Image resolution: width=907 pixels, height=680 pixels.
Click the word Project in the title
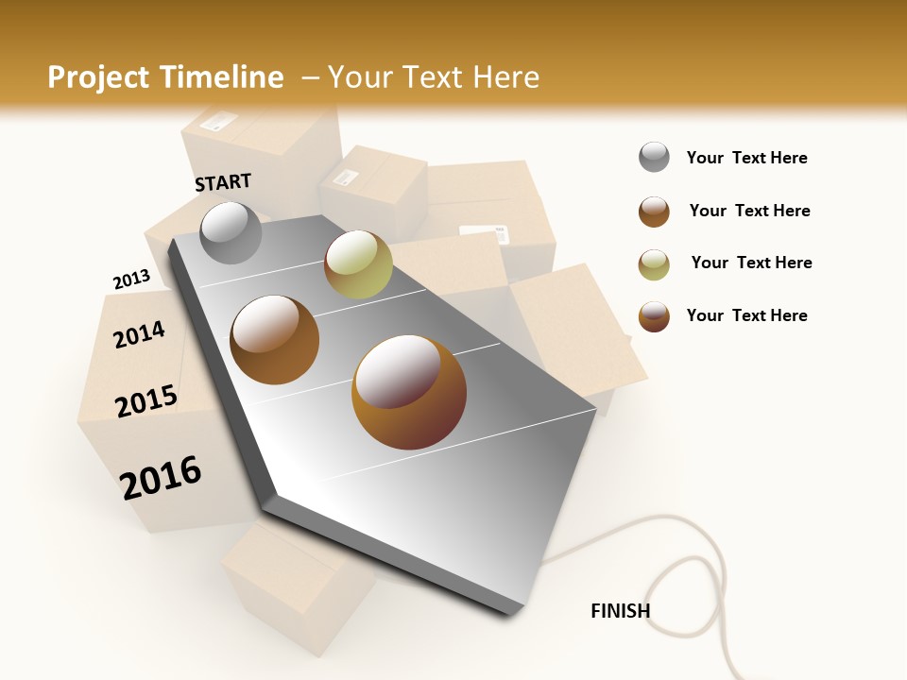tap(100, 77)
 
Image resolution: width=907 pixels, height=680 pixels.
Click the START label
tap(223, 182)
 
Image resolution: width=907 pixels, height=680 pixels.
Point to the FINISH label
tap(620, 611)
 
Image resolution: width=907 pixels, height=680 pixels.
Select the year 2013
tap(131, 280)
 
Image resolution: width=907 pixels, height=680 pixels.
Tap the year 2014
tap(139, 334)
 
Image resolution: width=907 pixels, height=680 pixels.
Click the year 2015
tap(146, 401)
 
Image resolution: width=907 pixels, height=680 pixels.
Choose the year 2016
tap(161, 477)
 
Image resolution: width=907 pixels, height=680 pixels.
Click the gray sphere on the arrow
tap(231, 232)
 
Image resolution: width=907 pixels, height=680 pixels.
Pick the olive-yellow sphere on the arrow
tap(358, 264)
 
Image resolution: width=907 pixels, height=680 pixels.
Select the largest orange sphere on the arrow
tap(408, 392)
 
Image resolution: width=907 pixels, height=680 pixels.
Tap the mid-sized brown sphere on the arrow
tap(274, 339)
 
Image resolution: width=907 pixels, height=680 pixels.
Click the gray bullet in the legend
tap(654, 158)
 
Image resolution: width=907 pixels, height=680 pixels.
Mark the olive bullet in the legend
tap(654, 264)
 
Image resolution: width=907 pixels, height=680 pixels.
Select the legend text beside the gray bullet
tap(746, 159)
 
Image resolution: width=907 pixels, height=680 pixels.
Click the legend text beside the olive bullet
tap(751, 263)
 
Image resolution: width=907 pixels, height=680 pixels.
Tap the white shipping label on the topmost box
tap(219, 121)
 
